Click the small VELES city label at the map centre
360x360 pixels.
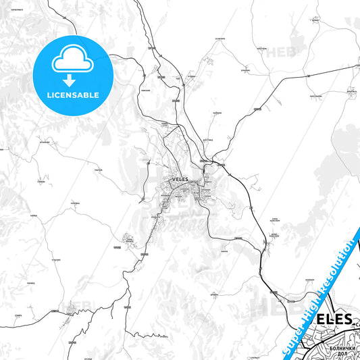pyautogui.click(x=181, y=179)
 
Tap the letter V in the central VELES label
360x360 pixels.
pyautogui.click(x=174, y=179)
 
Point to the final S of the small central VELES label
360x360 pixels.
pyautogui.click(x=188, y=179)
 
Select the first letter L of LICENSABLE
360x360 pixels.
pyautogui.click(x=48, y=96)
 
